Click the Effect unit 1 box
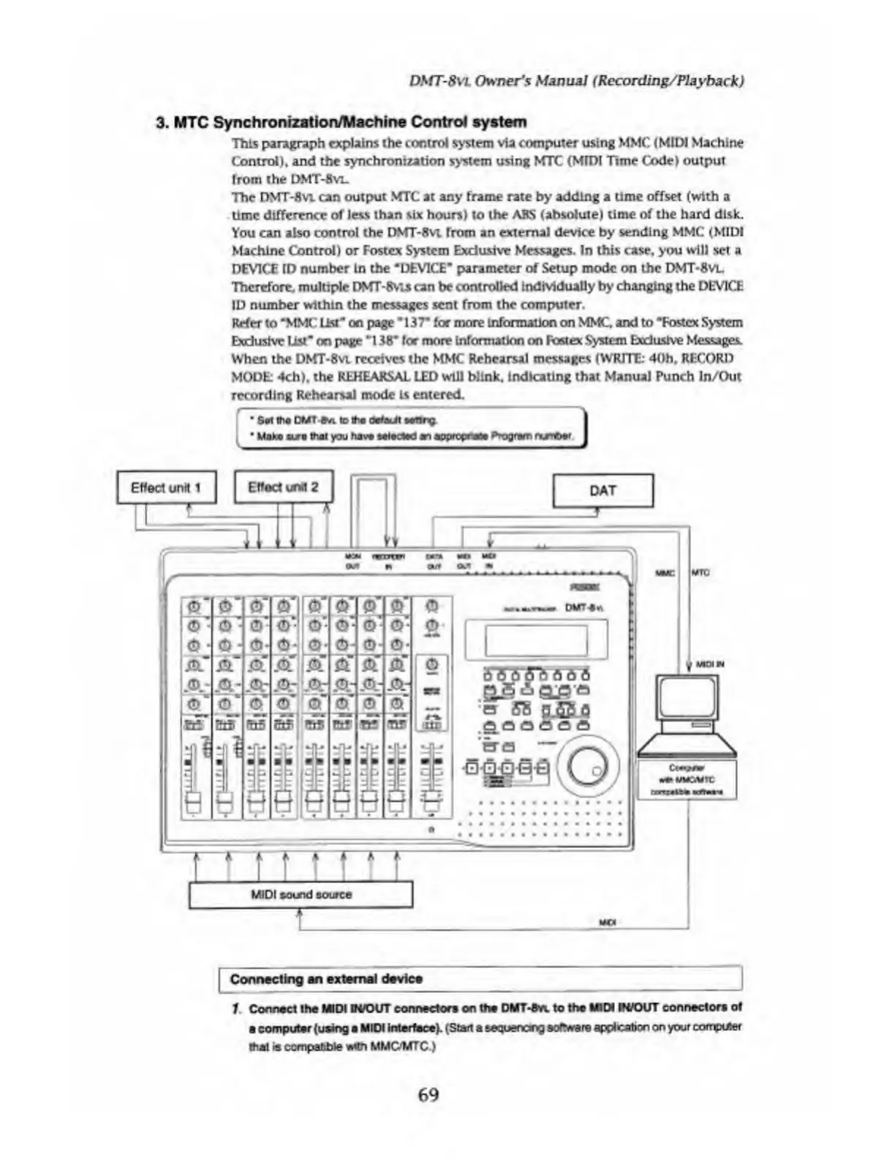click(167, 488)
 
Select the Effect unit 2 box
click(283, 487)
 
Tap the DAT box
click(603, 490)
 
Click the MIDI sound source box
click(301, 894)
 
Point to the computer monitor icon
click(687, 699)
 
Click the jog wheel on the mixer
click(588, 765)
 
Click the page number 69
click(428, 1095)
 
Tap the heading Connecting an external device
click(326, 979)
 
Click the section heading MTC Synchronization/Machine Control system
click(341, 121)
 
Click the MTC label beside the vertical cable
click(700, 573)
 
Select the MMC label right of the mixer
click(665, 573)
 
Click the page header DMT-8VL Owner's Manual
click(577, 80)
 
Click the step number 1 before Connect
click(235, 1008)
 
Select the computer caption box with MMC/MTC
click(687, 779)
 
